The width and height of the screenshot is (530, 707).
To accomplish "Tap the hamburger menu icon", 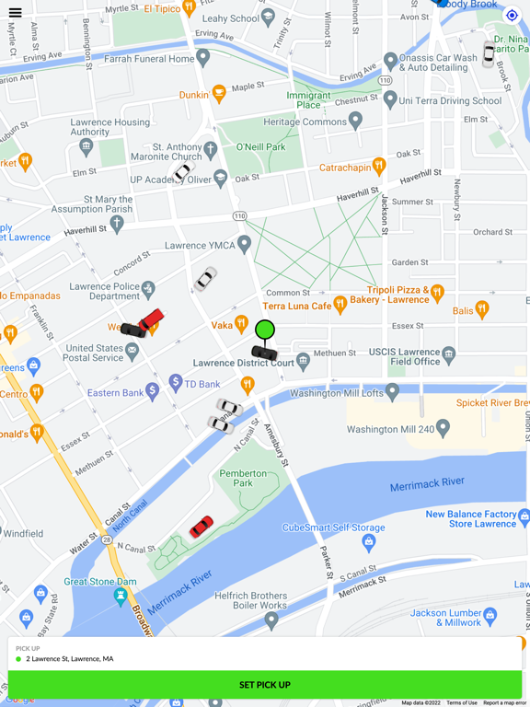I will click(x=15, y=13).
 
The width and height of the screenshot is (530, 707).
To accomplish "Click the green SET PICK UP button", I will click(x=265, y=685).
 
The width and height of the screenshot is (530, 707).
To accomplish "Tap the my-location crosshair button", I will click(x=513, y=15).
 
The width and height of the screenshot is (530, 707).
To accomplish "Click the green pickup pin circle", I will click(x=265, y=329).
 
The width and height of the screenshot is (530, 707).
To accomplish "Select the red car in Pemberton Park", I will click(x=202, y=527).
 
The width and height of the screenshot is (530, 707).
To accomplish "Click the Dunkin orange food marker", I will click(x=219, y=93).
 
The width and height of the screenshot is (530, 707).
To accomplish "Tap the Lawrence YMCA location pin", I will click(x=244, y=244).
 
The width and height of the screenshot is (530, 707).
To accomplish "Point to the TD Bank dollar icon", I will click(x=176, y=382).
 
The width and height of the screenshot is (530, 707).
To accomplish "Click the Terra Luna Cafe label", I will click(x=296, y=306).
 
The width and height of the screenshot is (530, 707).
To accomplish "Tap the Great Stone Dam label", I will click(x=99, y=582).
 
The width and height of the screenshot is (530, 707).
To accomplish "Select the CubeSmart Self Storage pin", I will click(x=369, y=541).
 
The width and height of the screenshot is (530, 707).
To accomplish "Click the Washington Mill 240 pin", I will click(x=443, y=427).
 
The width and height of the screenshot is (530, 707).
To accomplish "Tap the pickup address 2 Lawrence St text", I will click(x=70, y=659).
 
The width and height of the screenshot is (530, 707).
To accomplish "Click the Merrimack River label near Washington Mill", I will click(x=427, y=482).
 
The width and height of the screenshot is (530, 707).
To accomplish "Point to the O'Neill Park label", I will click(x=260, y=146).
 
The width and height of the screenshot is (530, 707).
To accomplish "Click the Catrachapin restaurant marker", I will click(x=378, y=166).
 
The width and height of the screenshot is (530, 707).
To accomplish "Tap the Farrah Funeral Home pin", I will click(x=203, y=57).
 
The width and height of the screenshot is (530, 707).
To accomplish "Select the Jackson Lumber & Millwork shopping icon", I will click(x=490, y=614).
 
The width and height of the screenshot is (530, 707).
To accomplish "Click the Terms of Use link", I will click(x=462, y=702).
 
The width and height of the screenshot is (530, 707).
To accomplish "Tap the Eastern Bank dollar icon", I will click(x=152, y=391).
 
